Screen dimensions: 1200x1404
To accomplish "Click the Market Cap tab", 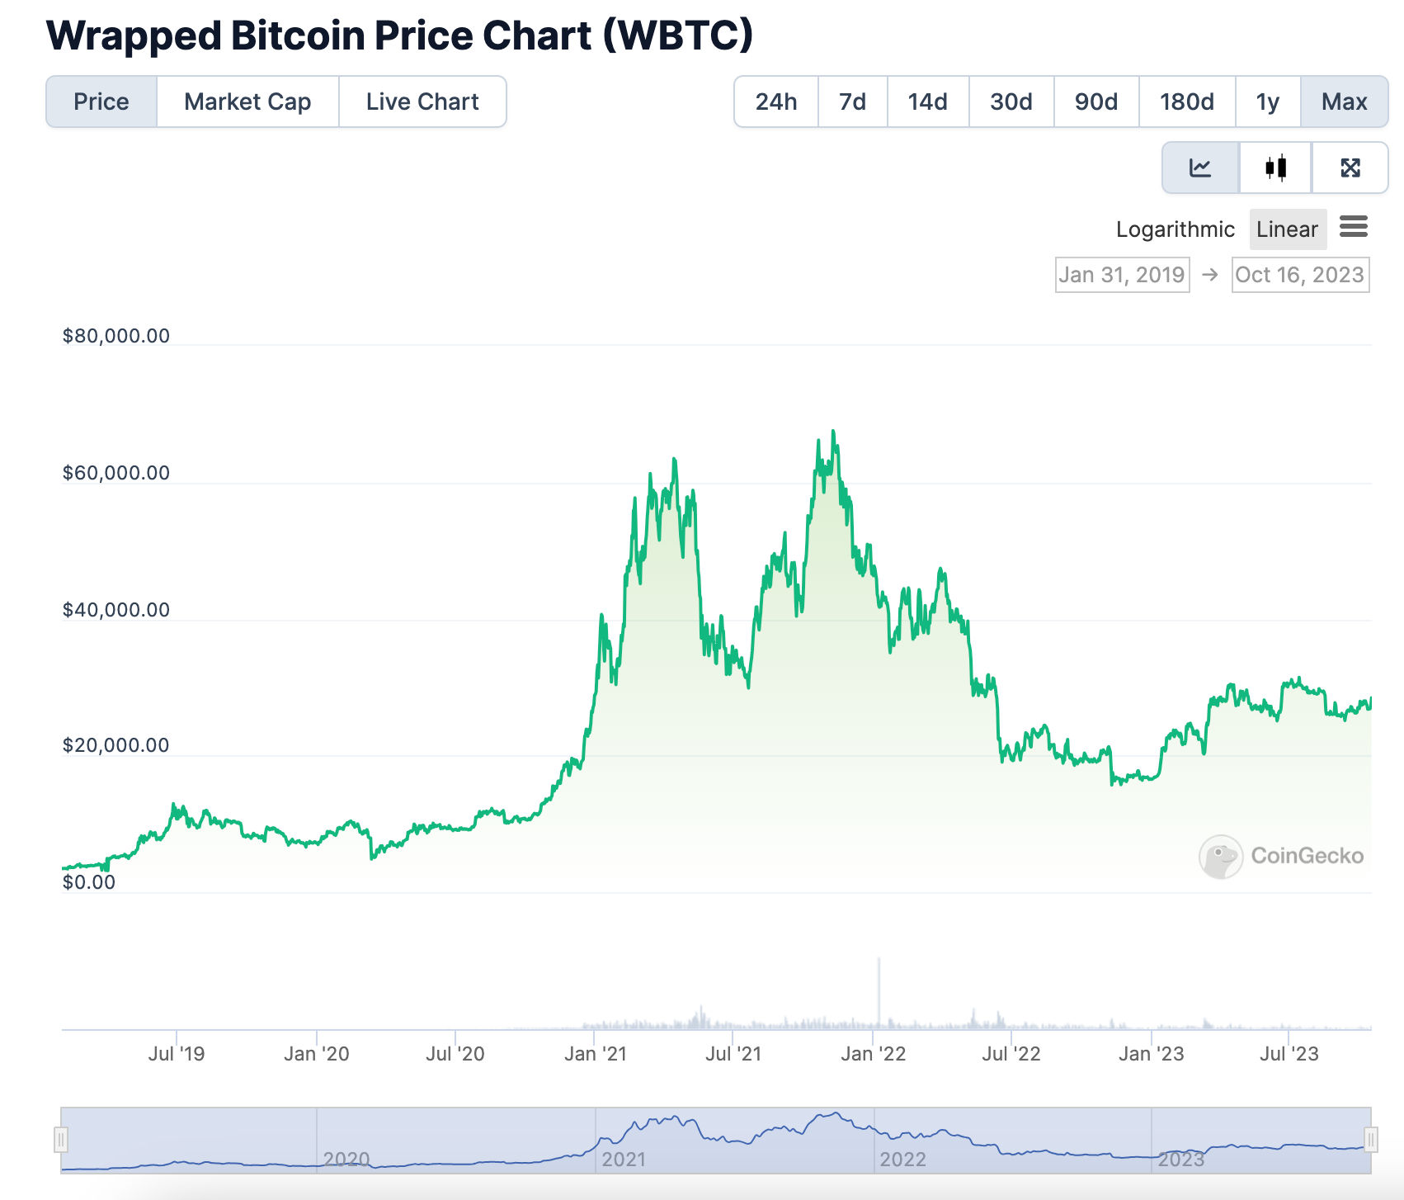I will coord(247,102).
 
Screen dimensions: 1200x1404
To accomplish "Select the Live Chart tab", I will coord(422,102).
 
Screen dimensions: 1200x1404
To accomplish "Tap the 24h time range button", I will coord(775,102).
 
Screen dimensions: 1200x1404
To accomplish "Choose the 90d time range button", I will coord(1095,102).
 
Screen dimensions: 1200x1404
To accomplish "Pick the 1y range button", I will coord(1267,102).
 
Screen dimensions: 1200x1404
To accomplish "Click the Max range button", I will coord(1344,102).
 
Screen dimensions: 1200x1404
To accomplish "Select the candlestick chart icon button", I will coord(1275,168).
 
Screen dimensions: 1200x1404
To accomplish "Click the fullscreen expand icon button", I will coord(1350,168).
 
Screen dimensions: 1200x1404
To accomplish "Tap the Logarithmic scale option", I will coord(1175,229).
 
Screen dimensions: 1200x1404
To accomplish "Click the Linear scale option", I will coord(1287,229).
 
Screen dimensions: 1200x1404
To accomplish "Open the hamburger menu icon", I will coord(1353,226).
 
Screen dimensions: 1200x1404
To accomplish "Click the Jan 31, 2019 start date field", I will coord(1122,275).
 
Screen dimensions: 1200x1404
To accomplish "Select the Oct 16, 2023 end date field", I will coord(1300,275).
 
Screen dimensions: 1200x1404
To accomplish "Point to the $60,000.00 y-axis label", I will coord(116,473).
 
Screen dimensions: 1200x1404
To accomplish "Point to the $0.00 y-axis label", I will coord(89,882).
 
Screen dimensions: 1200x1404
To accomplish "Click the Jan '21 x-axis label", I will coord(596,1054).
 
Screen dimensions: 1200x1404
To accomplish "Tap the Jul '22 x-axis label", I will coord(1011,1054).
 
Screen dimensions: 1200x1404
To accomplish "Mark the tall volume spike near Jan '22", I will coord(879,990).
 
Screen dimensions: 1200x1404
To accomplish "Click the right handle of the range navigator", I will coord(1370,1141).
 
